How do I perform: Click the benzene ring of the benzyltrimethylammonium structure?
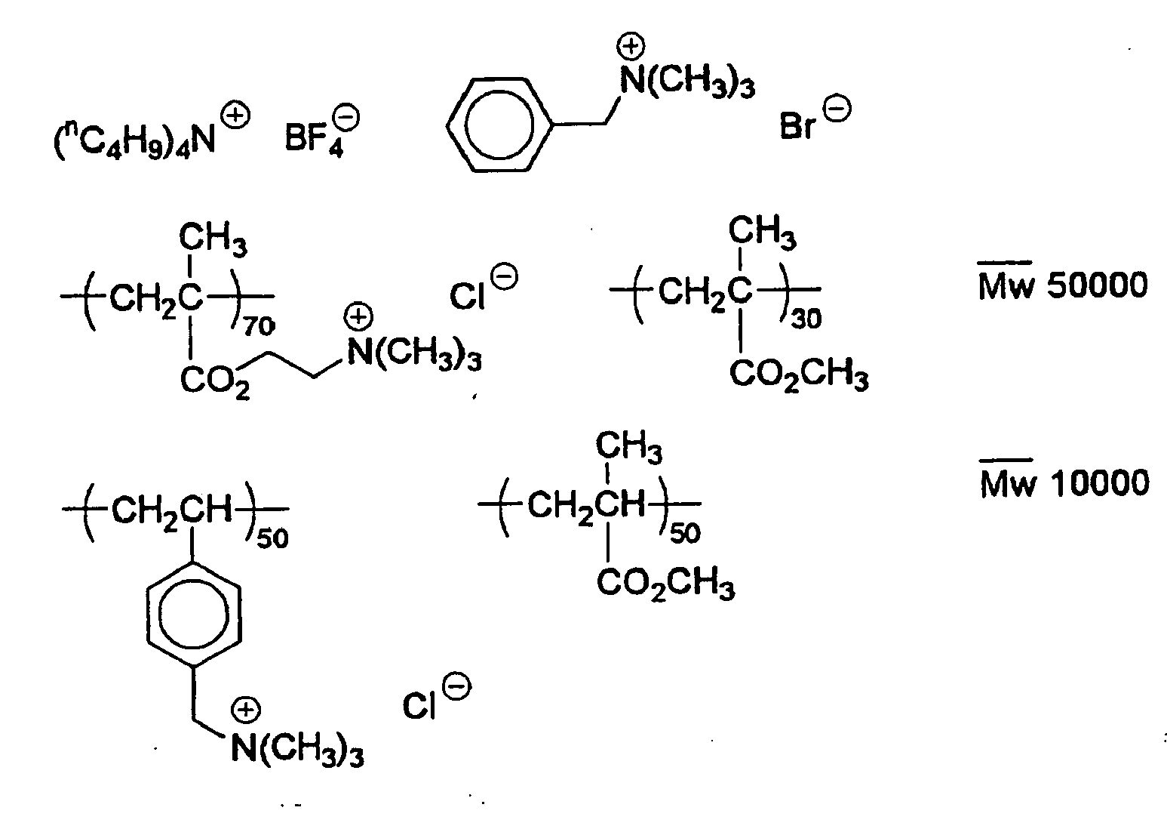(499, 125)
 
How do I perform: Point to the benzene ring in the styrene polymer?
(194, 613)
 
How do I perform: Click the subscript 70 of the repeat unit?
(259, 327)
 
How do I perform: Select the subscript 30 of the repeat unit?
(806, 319)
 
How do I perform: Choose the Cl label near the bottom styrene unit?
(419, 707)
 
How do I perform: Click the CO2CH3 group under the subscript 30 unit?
(799, 374)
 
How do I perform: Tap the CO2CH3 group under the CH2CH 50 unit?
(666, 583)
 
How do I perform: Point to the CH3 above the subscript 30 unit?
(762, 233)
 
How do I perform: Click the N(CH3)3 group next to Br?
(687, 82)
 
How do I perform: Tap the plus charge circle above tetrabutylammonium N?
(236, 116)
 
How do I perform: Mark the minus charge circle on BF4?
(347, 118)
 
